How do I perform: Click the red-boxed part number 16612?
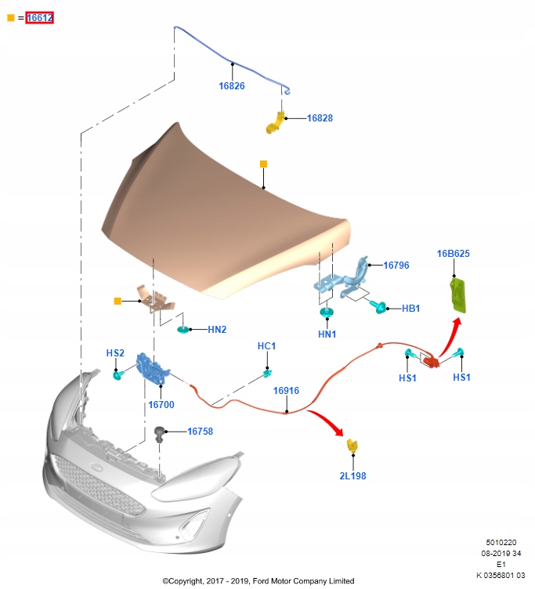pyautogui.click(x=39, y=17)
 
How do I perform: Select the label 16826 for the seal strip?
pyautogui.click(x=232, y=86)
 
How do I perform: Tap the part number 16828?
pyautogui.click(x=320, y=118)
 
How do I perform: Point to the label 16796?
pyautogui.click(x=396, y=266)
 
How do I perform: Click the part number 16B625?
pyautogui.click(x=453, y=254)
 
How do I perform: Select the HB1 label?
pyautogui.click(x=411, y=309)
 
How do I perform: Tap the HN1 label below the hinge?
pyautogui.click(x=327, y=334)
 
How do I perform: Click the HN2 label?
pyautogui.click(x=217, y=330)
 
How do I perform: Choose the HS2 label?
pyautogui.click(x=115, y=353)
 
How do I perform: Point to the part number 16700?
pyautogui.click(x=161, y=405)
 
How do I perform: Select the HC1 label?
pyautogui.click(x=267, y=345)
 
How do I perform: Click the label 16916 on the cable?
pyautogui.click(x=286, y=390)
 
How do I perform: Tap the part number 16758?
pyautogui.click(x=200, y=431)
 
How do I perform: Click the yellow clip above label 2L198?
pyautogui.click(x=352, y=446)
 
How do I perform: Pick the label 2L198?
pyautogui.click(x=352, y=475)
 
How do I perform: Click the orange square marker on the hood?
pyautogui.click(x=264, y=164)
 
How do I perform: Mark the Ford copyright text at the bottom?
pyautogui.click(x=258, y=581)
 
